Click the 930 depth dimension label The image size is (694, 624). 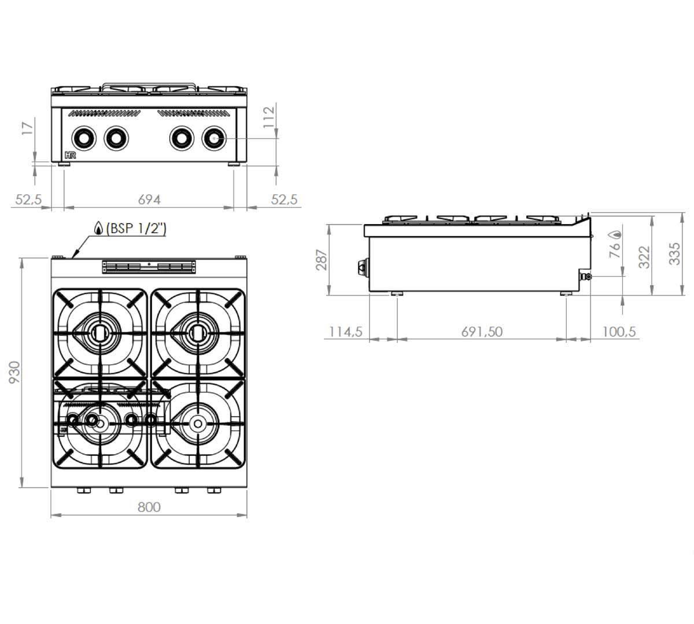15,372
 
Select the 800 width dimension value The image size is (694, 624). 149,507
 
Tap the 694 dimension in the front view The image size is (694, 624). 149,199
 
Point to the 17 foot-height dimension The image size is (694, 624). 28,129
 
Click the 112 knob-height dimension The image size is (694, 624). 269,117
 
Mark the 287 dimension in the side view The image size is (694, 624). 322,259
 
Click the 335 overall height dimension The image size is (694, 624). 674,254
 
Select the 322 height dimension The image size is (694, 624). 644,257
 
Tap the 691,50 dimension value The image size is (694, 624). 482,332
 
